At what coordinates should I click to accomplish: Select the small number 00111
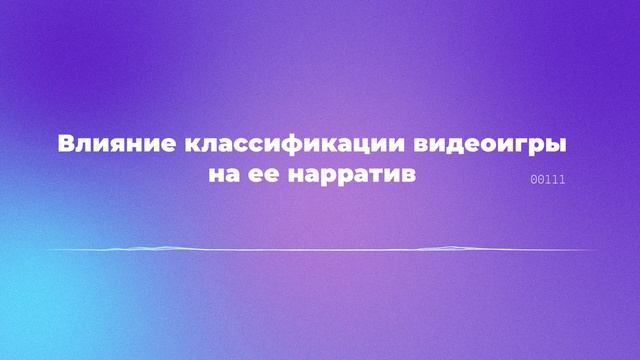pyautogui.click(x=549, y=180)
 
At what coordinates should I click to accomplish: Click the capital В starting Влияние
pyautogui.click(x=65, y=143)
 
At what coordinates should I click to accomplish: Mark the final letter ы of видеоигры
pyautogui.click(x=557, y=143)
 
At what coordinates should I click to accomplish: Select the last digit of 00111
pyautogui.click(x=563, y=180)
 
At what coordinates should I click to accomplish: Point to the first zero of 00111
pyautogui.click(x=535, y=180)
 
